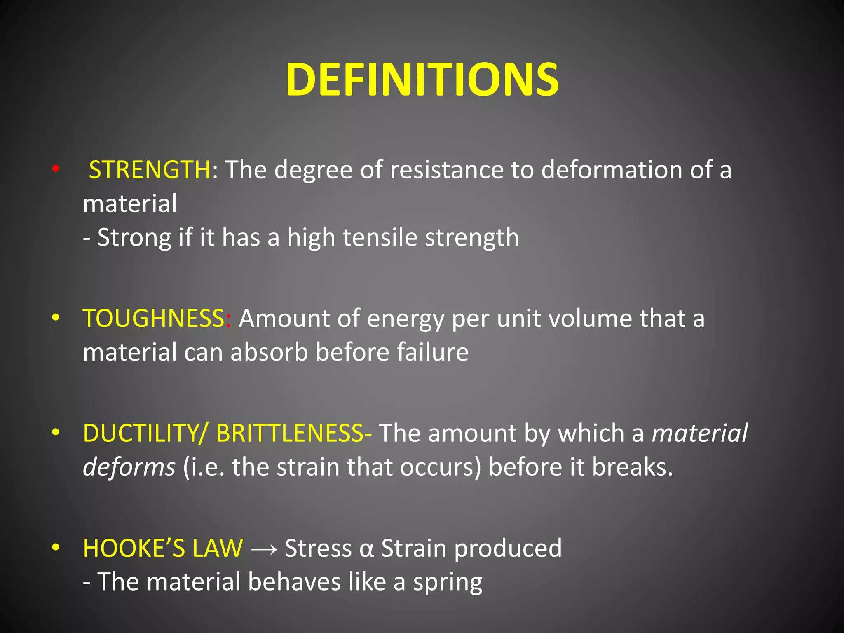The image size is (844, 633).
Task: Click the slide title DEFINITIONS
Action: [422, 80]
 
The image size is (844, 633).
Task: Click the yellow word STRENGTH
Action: [150, 170]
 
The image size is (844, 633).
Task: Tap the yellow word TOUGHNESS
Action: [153, 319]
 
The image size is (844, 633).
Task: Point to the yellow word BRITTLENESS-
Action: [294, 433]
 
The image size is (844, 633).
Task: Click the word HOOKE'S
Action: [134, 549]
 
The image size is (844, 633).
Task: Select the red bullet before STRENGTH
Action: [56, 169]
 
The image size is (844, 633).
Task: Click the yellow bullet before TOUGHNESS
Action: [56, 318]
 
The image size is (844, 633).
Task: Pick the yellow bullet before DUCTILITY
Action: [56, 432]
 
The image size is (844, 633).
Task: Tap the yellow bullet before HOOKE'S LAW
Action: [56, 548]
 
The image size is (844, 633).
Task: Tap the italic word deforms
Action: [129, 467]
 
